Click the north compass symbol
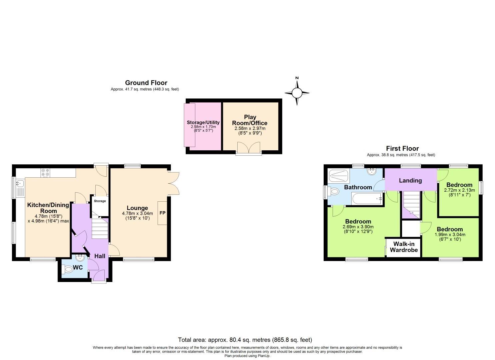click(x=297, y=92)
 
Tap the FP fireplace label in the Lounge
click(x=162, y=213)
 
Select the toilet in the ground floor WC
click(x=68, y=270)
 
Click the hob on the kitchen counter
click(x=45, y=173)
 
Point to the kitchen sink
click(x=20, y=183)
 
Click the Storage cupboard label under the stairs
click(x=100, y=201)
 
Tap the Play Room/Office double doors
click(x=249, y=148)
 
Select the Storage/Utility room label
click(x=203, y=122)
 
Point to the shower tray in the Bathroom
click(x=339, y=175)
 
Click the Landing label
click(x=410, y=180)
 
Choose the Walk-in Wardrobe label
click(x=404, y=247)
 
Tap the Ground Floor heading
click(x=146, y=83)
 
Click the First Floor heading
click(x=402, y=148)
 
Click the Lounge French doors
click(x=174, y=183)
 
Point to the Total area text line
click(x=245, y=340)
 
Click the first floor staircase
click(x=410, y=204)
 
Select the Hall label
click(x=100, y=256)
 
